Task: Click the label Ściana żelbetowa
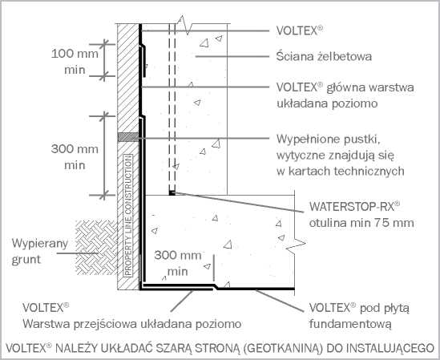tap(324, 56)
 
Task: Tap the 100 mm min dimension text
tap(75, 62)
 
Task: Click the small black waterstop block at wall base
tap(172, 192)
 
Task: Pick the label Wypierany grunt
tap(39, 251)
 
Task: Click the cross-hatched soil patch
tap(96, 247)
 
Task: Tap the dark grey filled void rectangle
tap(128, 137)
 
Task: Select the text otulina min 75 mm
tap(361, 223)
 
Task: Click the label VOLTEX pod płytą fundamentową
tap(359, 316)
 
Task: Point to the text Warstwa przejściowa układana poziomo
tap(132, 324)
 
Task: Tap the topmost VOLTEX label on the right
tap(300, 30)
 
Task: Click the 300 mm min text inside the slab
tap(178, 264)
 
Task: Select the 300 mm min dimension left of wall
tap(75, 156)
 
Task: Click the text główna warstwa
tap(370, 87)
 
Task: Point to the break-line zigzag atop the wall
tap(184, 25)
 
